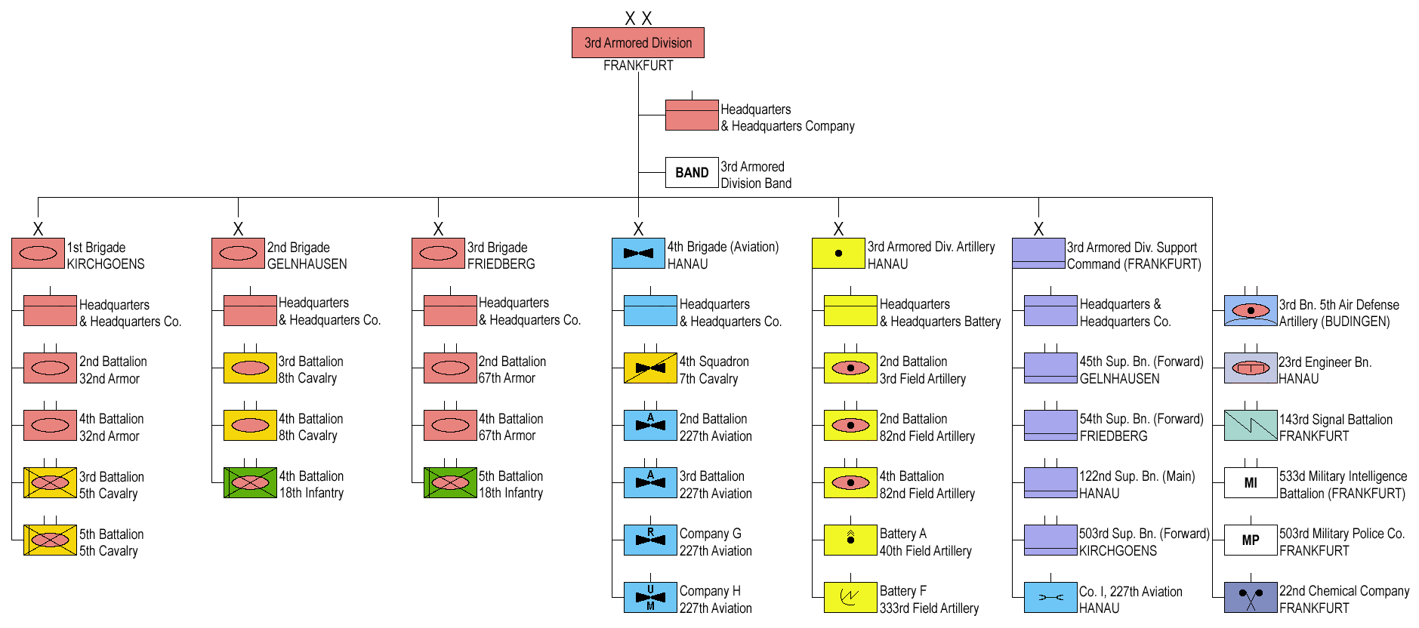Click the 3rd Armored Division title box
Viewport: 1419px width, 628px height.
[x=637, y=43]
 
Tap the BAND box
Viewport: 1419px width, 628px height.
[x=691, y=173]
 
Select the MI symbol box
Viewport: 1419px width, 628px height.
[x=1250, y=483]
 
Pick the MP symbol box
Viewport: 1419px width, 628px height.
[x=1250, y=540]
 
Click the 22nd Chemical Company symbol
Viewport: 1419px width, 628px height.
[x=1250, y=598]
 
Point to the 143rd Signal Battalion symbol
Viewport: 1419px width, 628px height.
[x=1250, y=426]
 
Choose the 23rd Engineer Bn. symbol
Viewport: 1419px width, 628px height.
[x=1250, y=368]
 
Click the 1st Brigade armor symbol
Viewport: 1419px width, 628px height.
[x=38, y=254]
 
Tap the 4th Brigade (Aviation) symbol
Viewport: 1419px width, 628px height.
[x=638, y=254]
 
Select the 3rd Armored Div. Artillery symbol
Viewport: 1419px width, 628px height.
[x=838, y=254]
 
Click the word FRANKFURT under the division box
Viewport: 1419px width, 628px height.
[x=638, y=66]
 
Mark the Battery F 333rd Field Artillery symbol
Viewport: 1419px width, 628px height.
[x=850, y=598]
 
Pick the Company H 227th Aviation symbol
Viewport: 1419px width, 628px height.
[x=650, y=598]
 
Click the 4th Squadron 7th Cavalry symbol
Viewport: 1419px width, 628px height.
[x=650, y=368]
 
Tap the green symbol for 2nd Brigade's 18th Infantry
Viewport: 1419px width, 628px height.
[x=250, y=483]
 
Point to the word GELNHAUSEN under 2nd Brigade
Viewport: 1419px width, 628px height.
[x=307, y=264]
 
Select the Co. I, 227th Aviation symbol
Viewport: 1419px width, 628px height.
[x=1050, y=598]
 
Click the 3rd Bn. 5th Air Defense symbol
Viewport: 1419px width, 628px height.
[x=1250, y=311]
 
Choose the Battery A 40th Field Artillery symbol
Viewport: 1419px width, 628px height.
[x=850, y=540]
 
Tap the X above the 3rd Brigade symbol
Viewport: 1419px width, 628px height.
[x=438, y=229]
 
